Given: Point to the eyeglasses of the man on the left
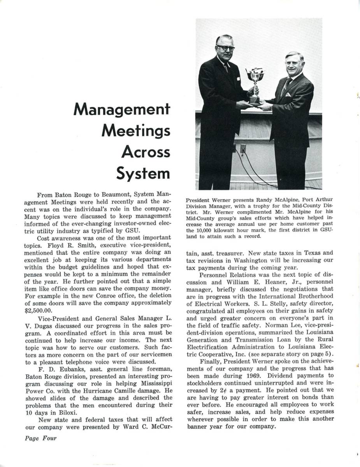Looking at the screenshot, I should pos(226,48).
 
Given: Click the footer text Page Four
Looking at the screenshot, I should pos(40,439).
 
